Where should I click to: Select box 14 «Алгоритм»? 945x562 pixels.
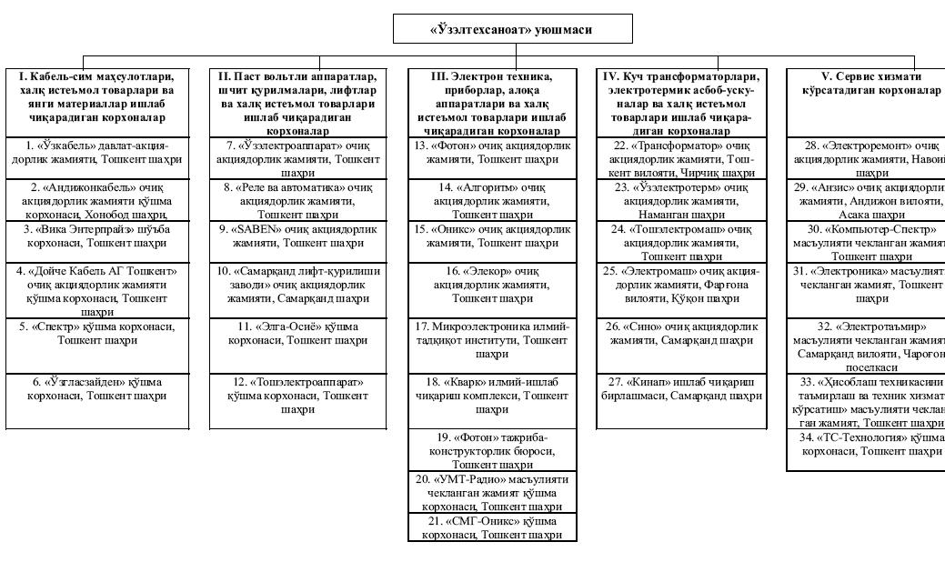492,200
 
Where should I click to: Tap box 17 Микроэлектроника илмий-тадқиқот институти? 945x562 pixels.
492,339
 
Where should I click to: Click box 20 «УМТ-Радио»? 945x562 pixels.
492,492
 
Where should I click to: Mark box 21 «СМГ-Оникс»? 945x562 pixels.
492,527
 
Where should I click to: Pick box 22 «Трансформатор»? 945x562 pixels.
680,158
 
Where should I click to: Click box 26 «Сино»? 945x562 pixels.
680,333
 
